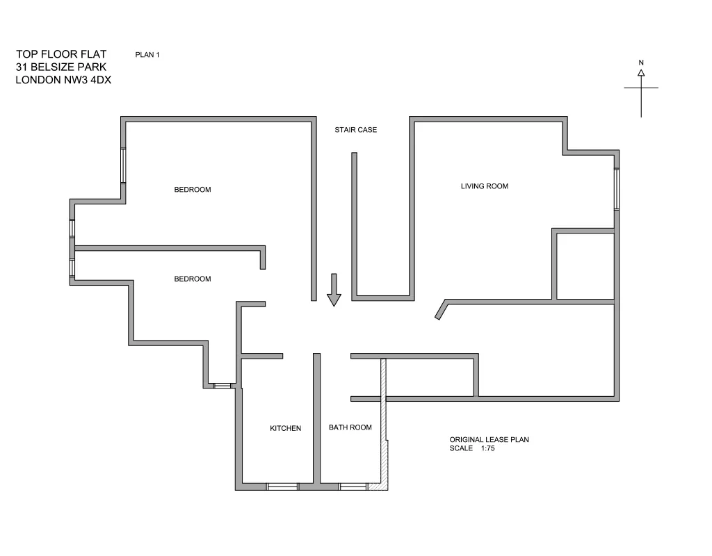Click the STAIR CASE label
[355, 130]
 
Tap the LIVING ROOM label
[484, 186]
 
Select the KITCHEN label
[285, 428]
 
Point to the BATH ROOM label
[350, 427]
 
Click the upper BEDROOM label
[192, 190]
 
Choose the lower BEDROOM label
[192, 279]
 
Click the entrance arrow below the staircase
[334, 290]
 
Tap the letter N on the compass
[641, 63]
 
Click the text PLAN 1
[147, 55]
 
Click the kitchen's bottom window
[282, 486]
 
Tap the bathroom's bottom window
[353, 486]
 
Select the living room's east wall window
[617, 189]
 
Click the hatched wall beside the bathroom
[382, 424]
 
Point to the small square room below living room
[585, 266]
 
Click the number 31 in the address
[22, 67]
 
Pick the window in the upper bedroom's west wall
[124, 165]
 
